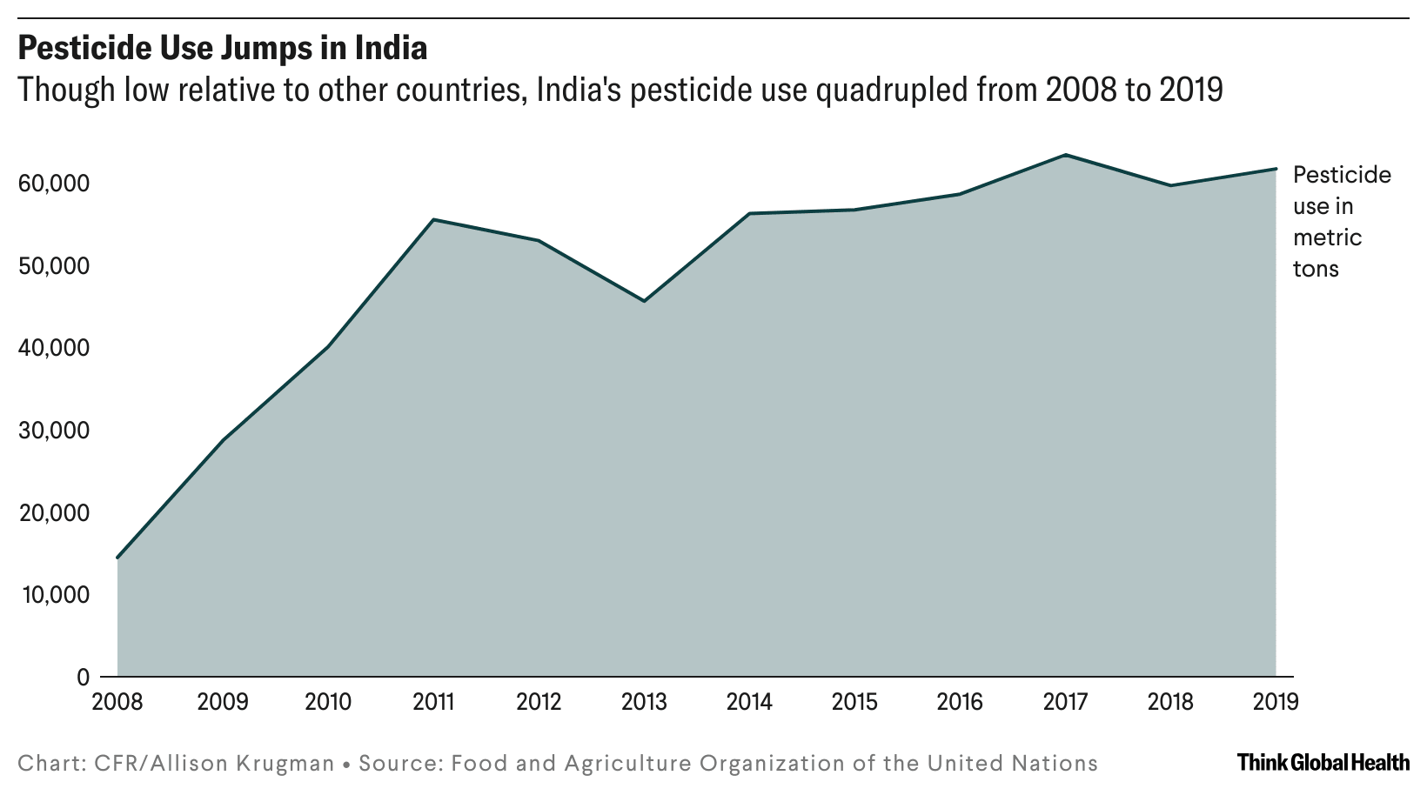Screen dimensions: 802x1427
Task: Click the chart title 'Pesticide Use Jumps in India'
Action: point(223,49)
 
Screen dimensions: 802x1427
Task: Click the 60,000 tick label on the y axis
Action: point(53,184)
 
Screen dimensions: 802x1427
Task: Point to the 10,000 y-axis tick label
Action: point(53,595)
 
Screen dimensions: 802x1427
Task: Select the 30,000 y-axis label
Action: point(53,431)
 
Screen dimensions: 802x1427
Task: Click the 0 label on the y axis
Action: point(83,677)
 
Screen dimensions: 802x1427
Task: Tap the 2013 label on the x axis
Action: point(644,702)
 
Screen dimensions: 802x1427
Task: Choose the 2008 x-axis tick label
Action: point(117,702)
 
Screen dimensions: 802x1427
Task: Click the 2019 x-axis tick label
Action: point(1275,702)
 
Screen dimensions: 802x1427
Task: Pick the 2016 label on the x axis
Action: point(960,702)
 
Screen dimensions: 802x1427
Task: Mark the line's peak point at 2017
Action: point(1065,155)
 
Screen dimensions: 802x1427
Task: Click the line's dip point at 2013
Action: point(644,301)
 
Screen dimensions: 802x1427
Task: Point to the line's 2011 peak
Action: point(433,219)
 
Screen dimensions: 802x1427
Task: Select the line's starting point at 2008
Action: point(117,558)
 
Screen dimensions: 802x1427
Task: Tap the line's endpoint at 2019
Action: point(1276,169)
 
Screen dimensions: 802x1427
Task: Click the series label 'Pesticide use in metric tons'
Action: point(1341,222)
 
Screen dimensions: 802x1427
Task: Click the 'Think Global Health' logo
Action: point(1323,763)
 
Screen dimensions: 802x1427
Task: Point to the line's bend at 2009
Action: point(223,440)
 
